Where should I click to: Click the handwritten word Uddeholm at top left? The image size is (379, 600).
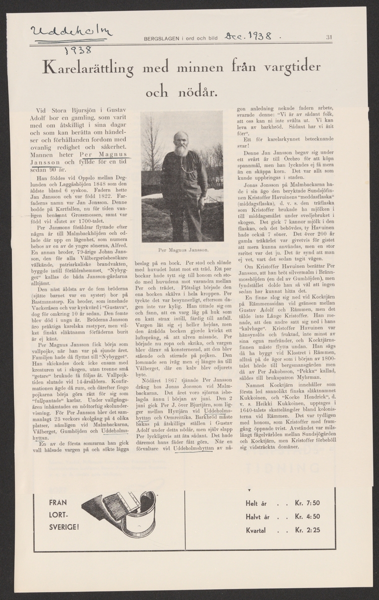point(71,32)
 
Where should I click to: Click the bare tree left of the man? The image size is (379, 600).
point(151,150)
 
